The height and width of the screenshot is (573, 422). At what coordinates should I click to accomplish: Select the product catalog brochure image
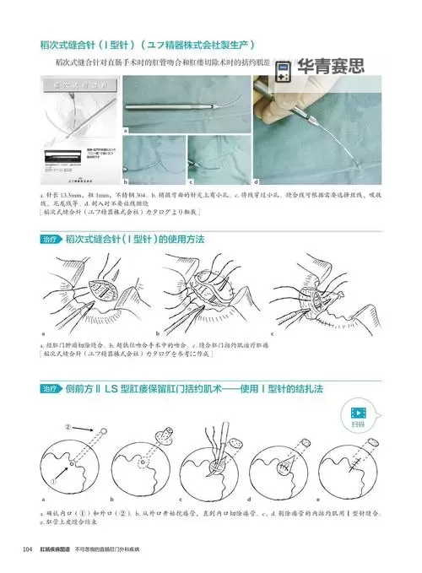79,130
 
